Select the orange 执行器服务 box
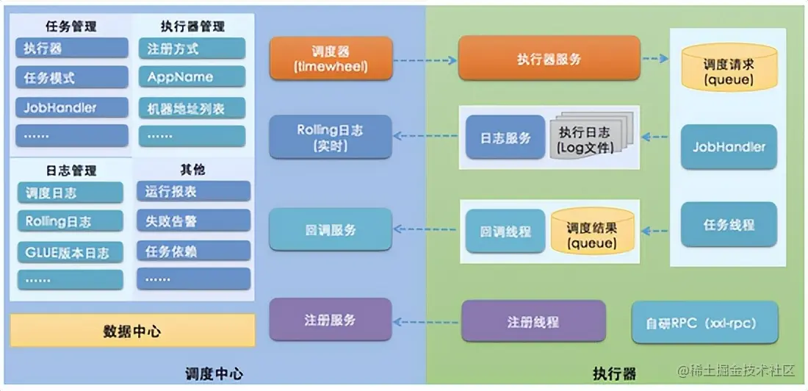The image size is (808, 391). (548, 59)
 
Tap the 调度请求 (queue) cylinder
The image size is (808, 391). (728, 68)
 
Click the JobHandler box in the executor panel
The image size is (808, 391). (728, 147)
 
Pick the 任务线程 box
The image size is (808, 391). (728, 225)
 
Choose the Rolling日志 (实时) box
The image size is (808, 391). (330, 137)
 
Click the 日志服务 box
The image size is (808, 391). (505, 137)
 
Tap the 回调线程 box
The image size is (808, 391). (505, 231)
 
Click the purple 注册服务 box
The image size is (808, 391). (330, 320)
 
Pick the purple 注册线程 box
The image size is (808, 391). (533, 321)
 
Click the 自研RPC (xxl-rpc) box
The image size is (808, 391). (704, 323)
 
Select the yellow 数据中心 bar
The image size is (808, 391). (132, 331)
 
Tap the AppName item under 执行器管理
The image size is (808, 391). (191, 77)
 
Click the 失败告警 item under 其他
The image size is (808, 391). (193, 220)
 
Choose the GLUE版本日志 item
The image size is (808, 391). (70, 252)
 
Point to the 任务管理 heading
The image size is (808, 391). (71, 27)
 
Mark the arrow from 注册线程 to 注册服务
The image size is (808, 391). (426, 321)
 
